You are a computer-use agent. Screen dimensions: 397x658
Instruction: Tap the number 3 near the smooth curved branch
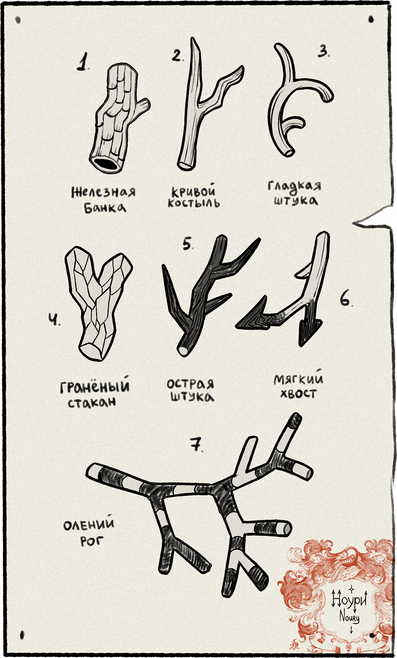323,52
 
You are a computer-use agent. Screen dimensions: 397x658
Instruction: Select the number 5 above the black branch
188,244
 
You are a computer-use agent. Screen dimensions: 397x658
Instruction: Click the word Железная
104,192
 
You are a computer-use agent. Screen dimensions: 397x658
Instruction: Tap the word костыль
194,203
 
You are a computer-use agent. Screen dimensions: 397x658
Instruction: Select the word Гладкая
294,186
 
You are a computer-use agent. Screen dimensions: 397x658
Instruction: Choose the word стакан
92,402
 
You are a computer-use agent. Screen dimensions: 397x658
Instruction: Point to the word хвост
298,393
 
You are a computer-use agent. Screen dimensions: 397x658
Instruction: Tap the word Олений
89,524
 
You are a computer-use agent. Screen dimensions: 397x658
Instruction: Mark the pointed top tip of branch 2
192,38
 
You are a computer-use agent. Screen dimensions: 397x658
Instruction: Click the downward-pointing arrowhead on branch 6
309,332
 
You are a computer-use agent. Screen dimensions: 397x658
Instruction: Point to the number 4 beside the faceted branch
54,320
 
